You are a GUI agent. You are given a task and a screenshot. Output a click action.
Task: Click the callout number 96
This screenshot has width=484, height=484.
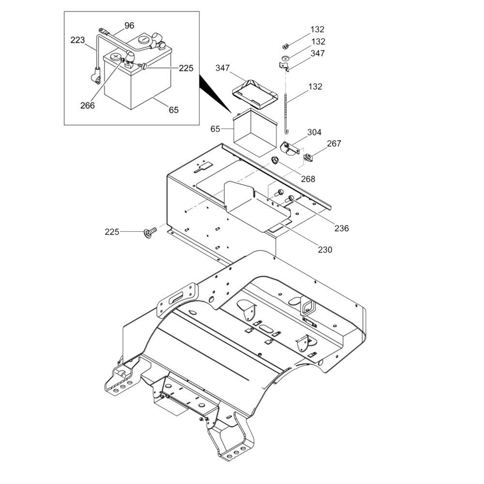tap(129, 25)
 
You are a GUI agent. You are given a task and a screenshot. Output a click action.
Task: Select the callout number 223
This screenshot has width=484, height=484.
tap(77, 40)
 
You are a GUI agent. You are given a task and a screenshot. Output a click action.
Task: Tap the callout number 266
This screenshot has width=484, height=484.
tap(88, 105)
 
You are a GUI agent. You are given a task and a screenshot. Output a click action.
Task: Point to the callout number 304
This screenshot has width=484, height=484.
tap(314, 132)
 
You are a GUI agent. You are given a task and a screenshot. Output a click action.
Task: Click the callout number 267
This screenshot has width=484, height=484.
tap(334, 143)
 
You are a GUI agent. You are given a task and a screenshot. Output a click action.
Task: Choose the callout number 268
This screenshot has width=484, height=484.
tap(308, 179)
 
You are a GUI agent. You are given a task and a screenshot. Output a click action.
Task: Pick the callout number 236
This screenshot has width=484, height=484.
tap(341, 228)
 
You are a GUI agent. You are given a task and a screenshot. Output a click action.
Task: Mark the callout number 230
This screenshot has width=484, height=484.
tap(325, 249)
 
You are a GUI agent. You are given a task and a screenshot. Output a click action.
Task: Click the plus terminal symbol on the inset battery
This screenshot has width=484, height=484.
tap(116, 57)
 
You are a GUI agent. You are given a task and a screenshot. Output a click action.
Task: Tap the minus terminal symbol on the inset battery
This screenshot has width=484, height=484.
tap(144, 40)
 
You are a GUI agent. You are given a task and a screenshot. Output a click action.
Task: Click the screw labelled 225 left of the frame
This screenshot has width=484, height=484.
tap(150, 231)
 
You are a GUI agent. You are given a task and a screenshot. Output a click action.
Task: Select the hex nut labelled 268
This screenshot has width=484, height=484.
tap(275, 160)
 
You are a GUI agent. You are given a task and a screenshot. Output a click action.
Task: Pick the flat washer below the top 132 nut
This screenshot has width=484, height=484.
tap(285, 58)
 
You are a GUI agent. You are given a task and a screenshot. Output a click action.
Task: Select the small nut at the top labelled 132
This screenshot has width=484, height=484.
tap(285, 46)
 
